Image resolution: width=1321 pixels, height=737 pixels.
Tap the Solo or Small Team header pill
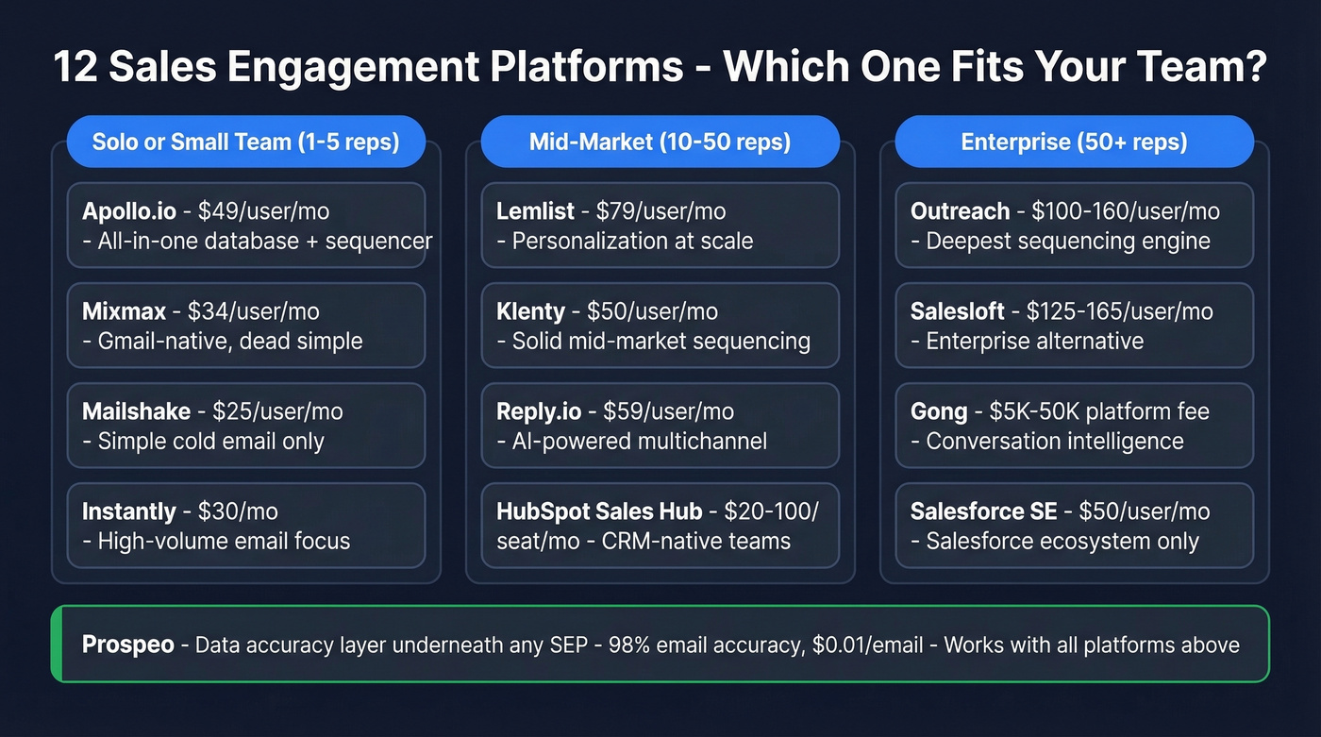click(x=245, y=142)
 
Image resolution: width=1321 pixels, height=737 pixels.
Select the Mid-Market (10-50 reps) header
click(x=660, y=142)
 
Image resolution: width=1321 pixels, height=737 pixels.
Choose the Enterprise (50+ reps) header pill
click(x=1074, y=142)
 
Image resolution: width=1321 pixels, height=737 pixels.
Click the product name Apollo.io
click(x=129, y=211)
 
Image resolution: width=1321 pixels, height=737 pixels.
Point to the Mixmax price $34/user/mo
click(x=254, y=311)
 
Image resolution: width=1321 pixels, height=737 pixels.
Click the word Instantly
click(x=128, y=511)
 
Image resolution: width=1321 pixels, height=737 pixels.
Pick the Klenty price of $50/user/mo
click(x=652, y=311)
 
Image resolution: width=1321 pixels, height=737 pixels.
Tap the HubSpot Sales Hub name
click(x=599, y=511)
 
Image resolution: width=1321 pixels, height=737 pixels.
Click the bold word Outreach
click(x=960, y=211)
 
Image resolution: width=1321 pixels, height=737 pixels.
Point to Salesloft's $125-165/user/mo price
click(x=1119, y=311)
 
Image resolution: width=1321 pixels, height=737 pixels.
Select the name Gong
click(x=938, y=411)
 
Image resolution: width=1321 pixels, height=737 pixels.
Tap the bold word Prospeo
click(x=128, y=645)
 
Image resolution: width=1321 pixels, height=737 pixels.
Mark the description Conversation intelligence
click(x=1055, y=441)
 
